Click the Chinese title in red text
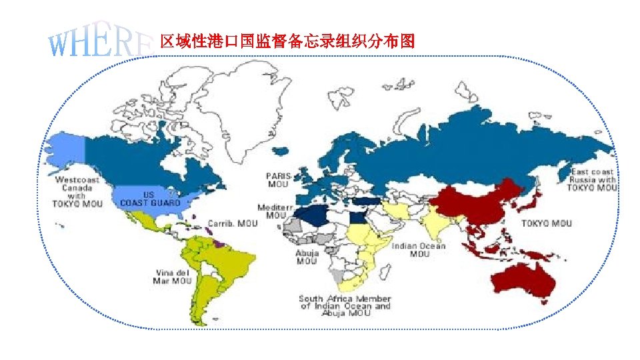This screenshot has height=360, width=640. pos(287,42)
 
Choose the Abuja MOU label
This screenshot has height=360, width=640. pos(307,257)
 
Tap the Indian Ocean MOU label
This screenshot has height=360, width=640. pos(419,250)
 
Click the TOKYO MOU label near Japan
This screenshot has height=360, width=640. pos(546,223)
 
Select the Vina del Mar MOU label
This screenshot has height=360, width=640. pos(173,277)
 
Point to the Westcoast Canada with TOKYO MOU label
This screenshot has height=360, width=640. pos(77,191)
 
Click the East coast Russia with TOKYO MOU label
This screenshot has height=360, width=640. pos(592,180)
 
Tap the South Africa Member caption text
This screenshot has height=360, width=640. pos(345,306)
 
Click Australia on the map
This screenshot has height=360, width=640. pos(523,281)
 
